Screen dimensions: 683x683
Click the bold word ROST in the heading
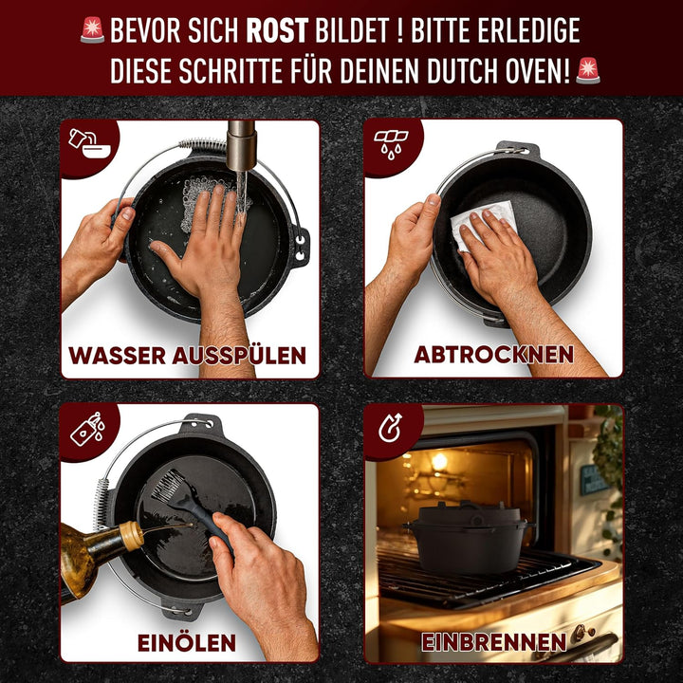click(x=278, y=31)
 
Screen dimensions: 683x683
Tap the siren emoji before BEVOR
click(x=92, y=29)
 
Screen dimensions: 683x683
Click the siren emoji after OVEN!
click(x=588, y=70)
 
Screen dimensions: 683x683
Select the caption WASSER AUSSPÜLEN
click(x=188, y=357)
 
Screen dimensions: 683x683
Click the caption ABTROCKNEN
click(x=493, y=355)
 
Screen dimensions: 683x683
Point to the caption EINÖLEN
click(x=187, y=642)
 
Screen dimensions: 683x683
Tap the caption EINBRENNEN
click(x=493, y=642)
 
